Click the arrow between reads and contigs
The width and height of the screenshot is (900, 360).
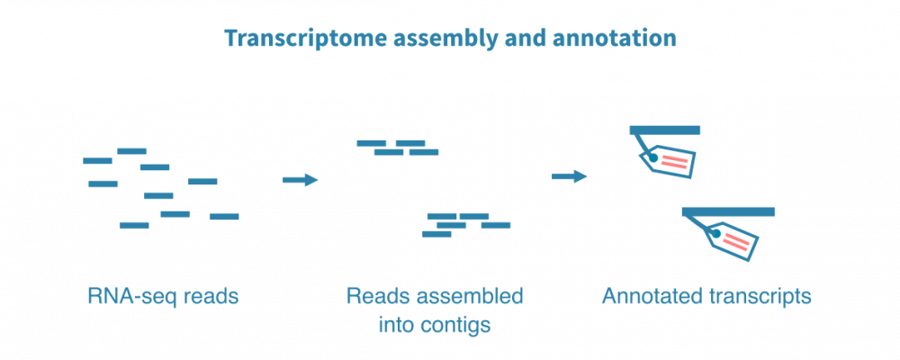pyautogui.click(x=301, y=180)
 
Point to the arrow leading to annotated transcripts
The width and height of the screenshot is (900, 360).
pyautogui.click(x=570, y=176)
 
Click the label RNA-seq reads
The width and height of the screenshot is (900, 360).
pyautogui.click(x=163, y=295)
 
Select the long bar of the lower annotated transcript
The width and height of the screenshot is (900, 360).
pyautogui.click(x=728, y=211)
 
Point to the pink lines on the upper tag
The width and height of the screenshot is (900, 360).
pyautogui.click(x=675, y=162)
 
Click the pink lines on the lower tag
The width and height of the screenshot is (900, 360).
pyautogui.click(x=736, y=242)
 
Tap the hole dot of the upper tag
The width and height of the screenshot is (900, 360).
pyautogui.click(x=652, y=157)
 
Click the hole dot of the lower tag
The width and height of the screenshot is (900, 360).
pyautogui.click(x=716, y=235)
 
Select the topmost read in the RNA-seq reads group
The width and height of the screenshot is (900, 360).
pyautogui.click(x=132, y=151)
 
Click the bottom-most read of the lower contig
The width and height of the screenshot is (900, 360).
pyautogui.click(x=437, y=235)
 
